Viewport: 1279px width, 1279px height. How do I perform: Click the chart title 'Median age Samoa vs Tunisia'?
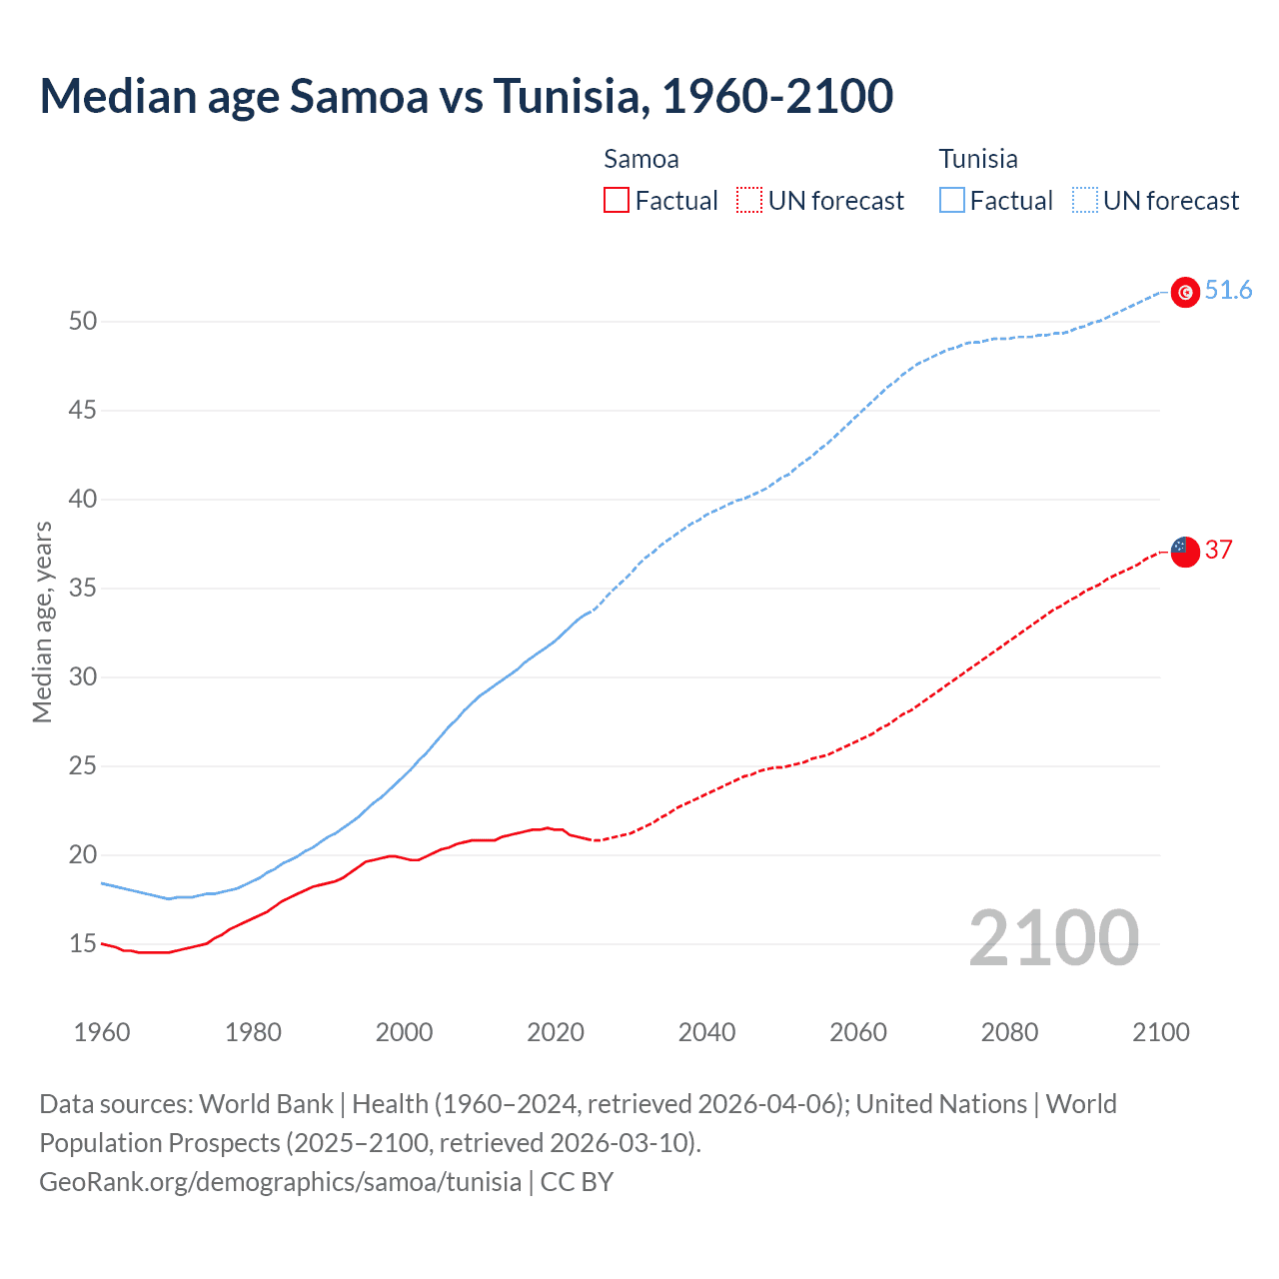pos(466,96)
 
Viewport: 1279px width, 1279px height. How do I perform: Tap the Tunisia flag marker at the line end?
pos(1185,292)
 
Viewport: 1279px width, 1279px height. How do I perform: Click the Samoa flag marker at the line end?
pos(1185,551)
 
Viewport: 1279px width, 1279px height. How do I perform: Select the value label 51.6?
pos(1228,291)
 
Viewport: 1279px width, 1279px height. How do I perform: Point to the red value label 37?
pos(1219,551)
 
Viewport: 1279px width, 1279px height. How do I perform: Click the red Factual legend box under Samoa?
pos(617,201)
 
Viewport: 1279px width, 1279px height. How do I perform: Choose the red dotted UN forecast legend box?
pos(749,201)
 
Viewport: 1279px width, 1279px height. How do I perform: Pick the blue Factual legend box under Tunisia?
pos(952,201)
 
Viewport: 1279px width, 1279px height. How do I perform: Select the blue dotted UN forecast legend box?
pos(1084,201)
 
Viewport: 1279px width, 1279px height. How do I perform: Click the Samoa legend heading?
pos(640,159)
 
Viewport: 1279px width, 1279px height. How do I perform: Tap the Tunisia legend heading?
pos(977,159)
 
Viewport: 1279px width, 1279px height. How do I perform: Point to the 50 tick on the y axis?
pos(83,322)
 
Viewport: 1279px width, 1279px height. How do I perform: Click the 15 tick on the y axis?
pos(83,944)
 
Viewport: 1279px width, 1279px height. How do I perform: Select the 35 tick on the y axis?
pos(83,589)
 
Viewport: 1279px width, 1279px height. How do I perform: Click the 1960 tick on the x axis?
pos(102,1032)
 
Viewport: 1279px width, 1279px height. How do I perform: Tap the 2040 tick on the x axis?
pos(706,1032)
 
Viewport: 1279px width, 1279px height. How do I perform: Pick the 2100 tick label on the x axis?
pos(1160,1032)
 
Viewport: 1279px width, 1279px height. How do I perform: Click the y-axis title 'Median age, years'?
pos(42,622)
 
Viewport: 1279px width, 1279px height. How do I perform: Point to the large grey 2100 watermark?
pos(1053,938)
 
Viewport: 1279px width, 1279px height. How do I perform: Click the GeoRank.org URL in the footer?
pos(280,1182)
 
